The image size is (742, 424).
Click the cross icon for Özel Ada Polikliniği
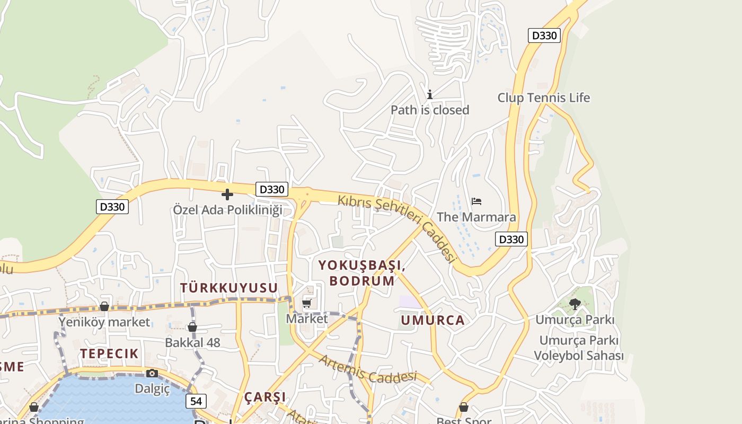(x=227, y=195)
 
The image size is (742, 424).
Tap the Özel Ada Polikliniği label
(x=227, y=210)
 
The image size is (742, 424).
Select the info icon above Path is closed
(x=430, y=94)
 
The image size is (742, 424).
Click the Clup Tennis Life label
(x=543, y=98)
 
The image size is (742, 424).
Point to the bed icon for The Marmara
(x=476, y=201)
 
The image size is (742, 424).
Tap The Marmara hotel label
(x=476, y=217)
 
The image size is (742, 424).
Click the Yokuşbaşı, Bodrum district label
(x=362, y=273)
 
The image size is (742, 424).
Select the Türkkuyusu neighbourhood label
(x=229, y=288)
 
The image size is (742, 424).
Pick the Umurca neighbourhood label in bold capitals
(x=432, y=320)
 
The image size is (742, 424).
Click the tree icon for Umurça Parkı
(x=575, y=304)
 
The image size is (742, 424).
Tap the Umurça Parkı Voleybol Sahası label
(x=578, y=348)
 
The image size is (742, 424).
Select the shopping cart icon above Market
(x=307, y=304)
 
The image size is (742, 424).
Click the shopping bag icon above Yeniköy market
(x=104, y=306)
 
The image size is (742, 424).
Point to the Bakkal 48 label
(x=192, y=342)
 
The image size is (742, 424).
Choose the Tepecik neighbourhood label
(x=109, y=354)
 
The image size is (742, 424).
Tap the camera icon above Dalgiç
(x=152, y=373)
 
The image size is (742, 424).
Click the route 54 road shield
(x=196, y=401)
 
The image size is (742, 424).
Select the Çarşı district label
(x=265, y=397)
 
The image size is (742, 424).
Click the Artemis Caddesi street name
(x=368, y=369)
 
